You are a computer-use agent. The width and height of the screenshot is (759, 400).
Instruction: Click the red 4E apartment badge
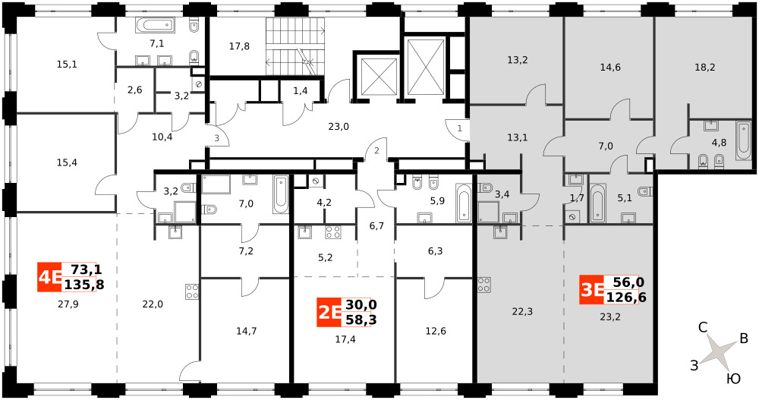[49, 277]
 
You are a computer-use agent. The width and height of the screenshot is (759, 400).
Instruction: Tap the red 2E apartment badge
[329, 313]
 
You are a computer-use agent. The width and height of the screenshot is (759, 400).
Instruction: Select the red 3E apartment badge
[591, 290]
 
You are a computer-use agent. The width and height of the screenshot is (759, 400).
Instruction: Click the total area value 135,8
[83, 285]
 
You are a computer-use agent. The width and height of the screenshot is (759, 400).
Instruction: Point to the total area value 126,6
[626, 297]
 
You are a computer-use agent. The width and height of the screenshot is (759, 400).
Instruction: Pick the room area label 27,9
[68, 304]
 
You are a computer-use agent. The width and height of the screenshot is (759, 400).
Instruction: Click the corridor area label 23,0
[339, 127]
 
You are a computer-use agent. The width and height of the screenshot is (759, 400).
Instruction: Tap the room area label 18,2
[704, 68]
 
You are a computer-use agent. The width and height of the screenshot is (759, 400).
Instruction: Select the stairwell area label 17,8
[239, 46]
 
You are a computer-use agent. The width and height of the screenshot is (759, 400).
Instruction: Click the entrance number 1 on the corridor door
[460, 129]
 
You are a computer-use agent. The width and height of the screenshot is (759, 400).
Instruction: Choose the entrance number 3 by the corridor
[217, 138]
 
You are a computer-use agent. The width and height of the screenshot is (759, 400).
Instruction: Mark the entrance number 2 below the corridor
[376, 150]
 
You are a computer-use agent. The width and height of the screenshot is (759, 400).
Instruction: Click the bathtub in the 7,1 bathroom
[154, 25]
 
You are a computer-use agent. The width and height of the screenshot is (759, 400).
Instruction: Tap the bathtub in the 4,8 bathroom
[742, 141]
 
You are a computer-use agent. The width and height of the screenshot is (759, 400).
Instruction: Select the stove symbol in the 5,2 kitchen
[332, 232]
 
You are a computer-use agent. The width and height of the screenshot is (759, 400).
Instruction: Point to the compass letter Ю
[734, 378]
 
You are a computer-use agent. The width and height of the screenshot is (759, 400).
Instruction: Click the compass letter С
[704, 328]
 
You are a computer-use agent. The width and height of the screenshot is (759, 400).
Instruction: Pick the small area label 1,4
[301, 91]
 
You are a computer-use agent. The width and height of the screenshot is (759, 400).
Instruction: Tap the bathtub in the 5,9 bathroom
[463, 203]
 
